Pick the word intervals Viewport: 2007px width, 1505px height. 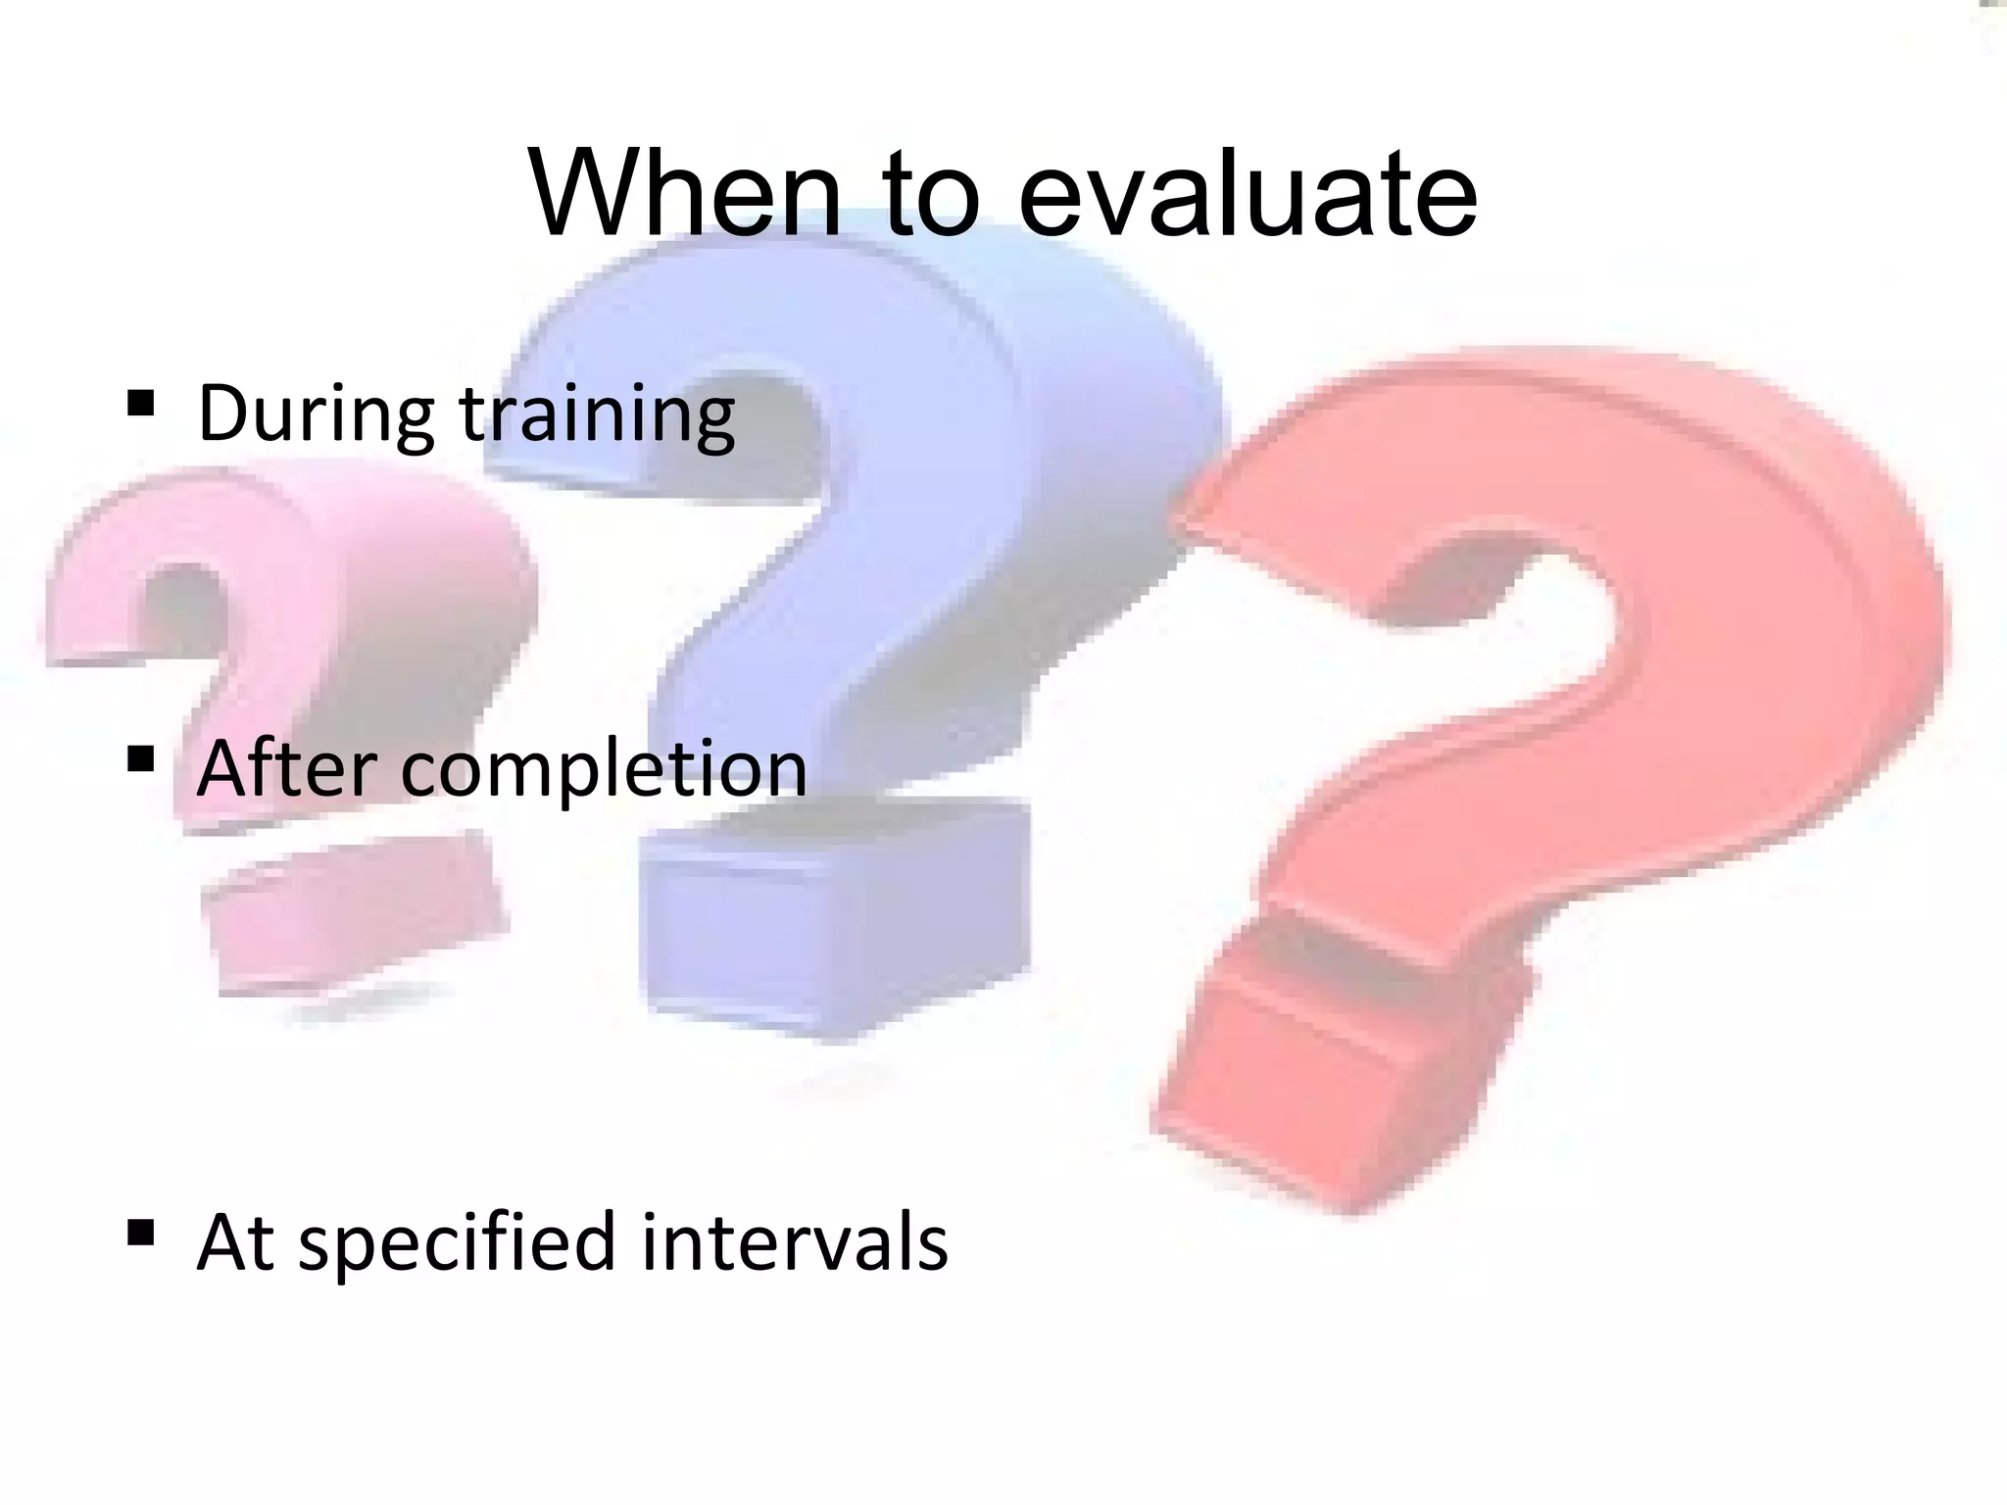(795, 1240)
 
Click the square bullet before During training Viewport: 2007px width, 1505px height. (141, 403)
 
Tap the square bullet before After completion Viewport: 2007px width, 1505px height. (141, 758)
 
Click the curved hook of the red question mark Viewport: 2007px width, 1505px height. (1666, 549)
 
